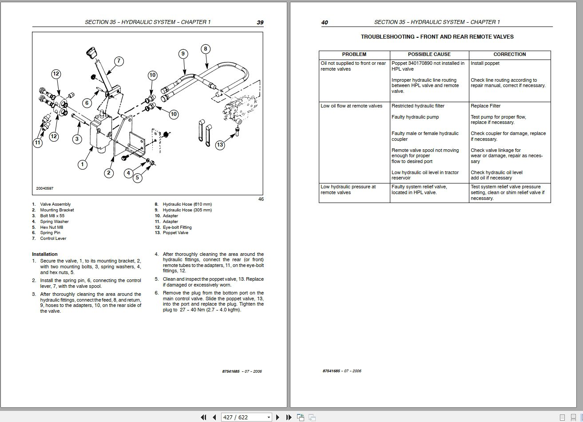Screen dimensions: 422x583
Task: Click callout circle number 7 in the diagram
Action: click(119, 61)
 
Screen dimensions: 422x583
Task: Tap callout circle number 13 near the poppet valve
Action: click(220, 144)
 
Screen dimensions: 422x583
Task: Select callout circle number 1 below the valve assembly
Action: click(82, 164)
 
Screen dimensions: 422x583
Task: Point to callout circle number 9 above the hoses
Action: click(182, 54)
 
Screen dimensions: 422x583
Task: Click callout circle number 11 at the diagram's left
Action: click(38, 143)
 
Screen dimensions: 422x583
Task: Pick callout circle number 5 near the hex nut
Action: click(137, 178)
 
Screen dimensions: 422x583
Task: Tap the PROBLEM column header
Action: click(354, 54)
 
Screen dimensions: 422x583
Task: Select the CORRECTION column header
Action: click(509, 54)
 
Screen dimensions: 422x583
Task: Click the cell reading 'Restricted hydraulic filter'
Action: click(418, 106)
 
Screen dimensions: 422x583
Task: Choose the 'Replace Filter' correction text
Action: click(485, 106)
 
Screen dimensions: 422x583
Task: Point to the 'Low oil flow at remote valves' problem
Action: click(351, 106)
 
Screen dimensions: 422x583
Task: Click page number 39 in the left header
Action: click(260, 23)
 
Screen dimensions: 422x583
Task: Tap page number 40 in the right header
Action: click(325, 23)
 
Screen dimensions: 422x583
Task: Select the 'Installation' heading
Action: click(45, 255)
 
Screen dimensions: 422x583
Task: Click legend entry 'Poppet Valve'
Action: click(175, 233)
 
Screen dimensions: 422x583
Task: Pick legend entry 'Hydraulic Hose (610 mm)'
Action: click(187, 204)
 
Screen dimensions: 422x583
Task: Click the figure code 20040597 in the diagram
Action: click(45, 188)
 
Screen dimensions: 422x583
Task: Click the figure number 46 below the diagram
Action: click(261, 199)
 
